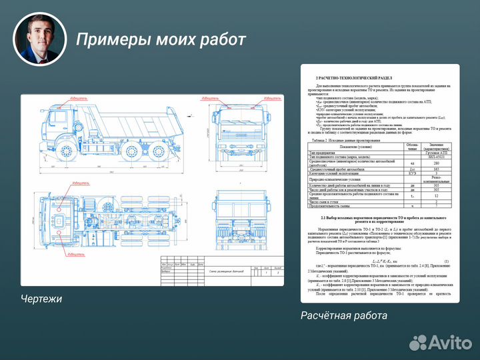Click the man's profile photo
pos(41,39)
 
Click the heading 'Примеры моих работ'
pos(161,39)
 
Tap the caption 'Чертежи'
pos(41,299)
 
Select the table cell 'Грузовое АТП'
pos(435,152)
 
